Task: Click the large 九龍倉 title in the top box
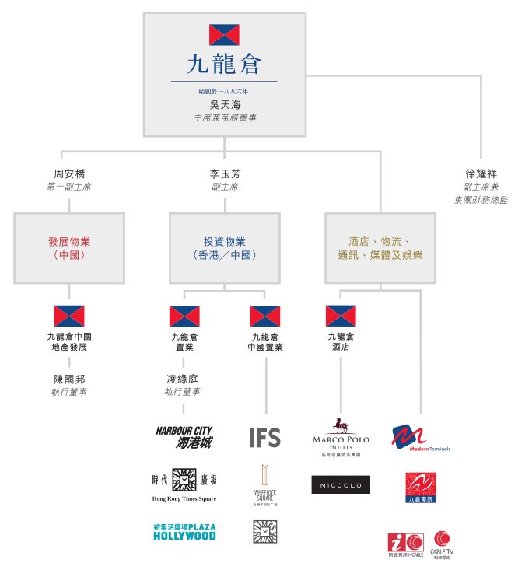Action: click(x=224, y=63)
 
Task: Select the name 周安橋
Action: click(x=68, y=173)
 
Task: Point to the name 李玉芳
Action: click(x=224, y=173)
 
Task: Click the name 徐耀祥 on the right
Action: click(x=481, y=173)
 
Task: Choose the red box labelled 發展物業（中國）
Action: click(x=68, y=248)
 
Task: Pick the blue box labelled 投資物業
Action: click(x=224, y=248)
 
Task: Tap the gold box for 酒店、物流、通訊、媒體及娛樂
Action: click(x=380, y=248)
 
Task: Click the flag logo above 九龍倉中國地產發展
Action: click(x=68, y=315)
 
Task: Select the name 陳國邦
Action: click(x=68, y=379)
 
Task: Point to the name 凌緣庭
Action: click(x=184, y=379)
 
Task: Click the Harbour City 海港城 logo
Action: click(x=184, y=437)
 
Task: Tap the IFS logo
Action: click(x=264, y=437)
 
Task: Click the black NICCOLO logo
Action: click(x=341, y=485)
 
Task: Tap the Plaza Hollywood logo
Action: click(x=184, y=532)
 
